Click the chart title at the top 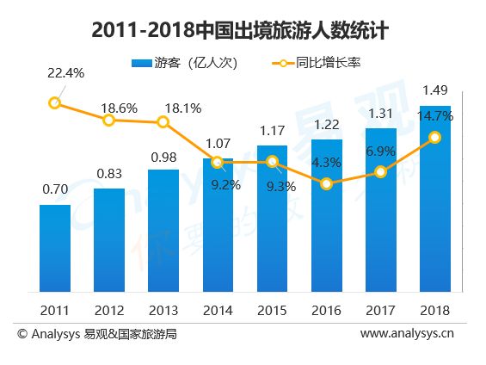pyautogui.click(x=240, y=30)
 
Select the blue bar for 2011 pyautogui.click(x=55, y=248)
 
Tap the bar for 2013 pyautogui.click(x=163, y=231)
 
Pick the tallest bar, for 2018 pyautogui.click(x=435, y=199)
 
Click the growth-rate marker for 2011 pyautogui.click(x=54, y=102)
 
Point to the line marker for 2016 pyautogui.click(x=326, y=184)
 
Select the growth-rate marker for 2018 pyautogui.click(x=435, y=138)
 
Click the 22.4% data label pyautogui.click(x=65, y=73)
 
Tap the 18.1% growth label pyautogui.click(x=183, y=108)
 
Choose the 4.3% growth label pyautogui.click(x=326, y=163)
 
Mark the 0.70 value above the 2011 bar pyautogui.click(x=55, y=189)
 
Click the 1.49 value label pyautogui.click(x=435, y=90)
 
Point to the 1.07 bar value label pyautogui.click(x=218, y=144)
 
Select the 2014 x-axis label pyautogui.click(x=218, y=311)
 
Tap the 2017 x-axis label pyautogui.click(x=380, y=311)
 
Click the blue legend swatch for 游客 pyautogui.click(x=142, y=63)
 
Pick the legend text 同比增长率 pyautogui.click(x=328, y=63)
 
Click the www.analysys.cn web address pyautogui.click(x=407, y=333)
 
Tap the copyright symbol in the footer pyautogui.click(x=22, y=334)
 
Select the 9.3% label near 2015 pyautogui.click(x=281, y=187)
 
